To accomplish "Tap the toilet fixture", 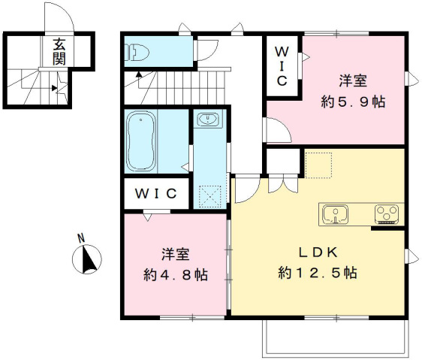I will click(x=137, y=50).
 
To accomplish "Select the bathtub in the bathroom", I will click(x=140, y=141).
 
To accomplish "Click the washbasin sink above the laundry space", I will click(x=206, y=121).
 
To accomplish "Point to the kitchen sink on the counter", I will click(x=335, y=214).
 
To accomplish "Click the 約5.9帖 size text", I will click(x=351, y=101).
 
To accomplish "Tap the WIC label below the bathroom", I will click(x=155, y=193).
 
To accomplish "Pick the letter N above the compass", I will click(x=82, y=239).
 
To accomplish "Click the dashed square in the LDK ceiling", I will click(x=318, y=164).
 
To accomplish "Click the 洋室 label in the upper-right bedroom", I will click(x=351, y=80).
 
